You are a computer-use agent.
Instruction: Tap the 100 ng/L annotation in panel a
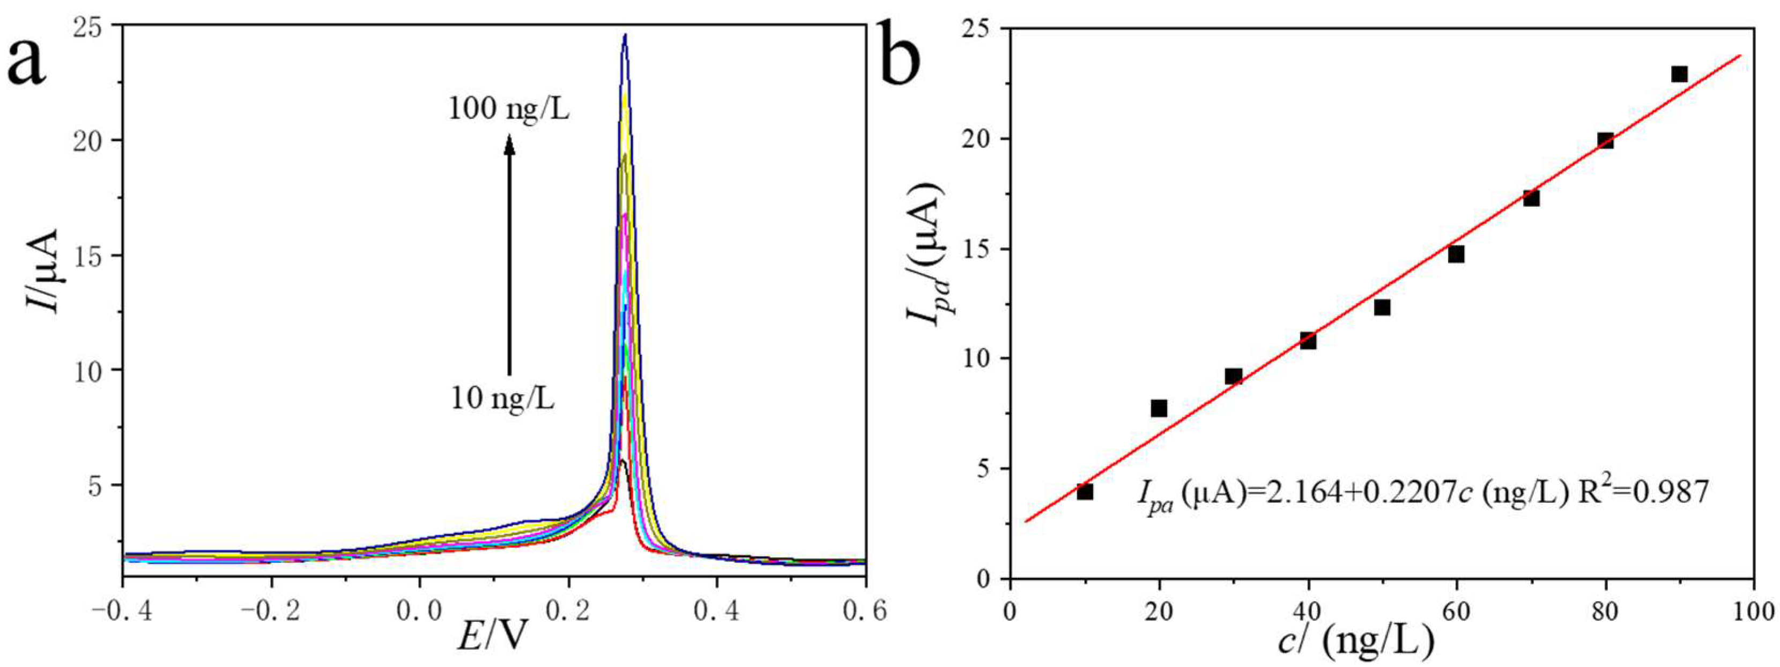click(x=509, y=108)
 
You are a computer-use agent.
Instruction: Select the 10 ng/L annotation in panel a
click(x=502, y=399)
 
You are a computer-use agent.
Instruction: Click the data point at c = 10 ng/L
click(x=1084, y=492)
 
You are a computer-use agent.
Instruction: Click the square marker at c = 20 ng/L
click(x=1159, y=408)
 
